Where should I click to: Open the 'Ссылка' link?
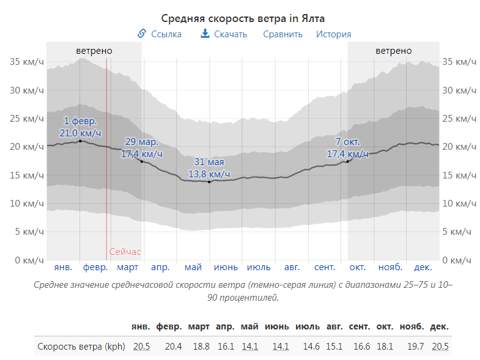pyautogui.click(x=160, y=34)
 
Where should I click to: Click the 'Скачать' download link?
pyautogui.click(x=224, y=34)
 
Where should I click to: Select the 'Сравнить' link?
pyautogui.click(x=282, y=34)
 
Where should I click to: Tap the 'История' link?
pyautogui.click(x=333, y=34)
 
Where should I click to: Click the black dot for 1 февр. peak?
pyautogui.click(x=80, y=141)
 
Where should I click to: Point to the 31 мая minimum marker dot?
pyautogui.click(x=209, y=182)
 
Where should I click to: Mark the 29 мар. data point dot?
pyautogui.click(x=142, y=161)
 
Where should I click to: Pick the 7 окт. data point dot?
pyautogui.click(x=347, y=161)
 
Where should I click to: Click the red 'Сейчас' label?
pyautogui.click(x=125, y=251)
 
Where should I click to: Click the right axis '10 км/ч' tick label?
pyautogui.click(x=457, y=204)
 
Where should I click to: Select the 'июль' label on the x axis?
pyautogui.click(x=259, y=268)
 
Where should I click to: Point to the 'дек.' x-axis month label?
pyautogui.click(x=423, y=268)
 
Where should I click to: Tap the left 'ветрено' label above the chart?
pyautogui.click(x=94, y=51)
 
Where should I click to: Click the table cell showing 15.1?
pyautogui.click(x=334, y=347)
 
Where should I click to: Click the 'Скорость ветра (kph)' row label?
pyautogui.click(x=81, y=347)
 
